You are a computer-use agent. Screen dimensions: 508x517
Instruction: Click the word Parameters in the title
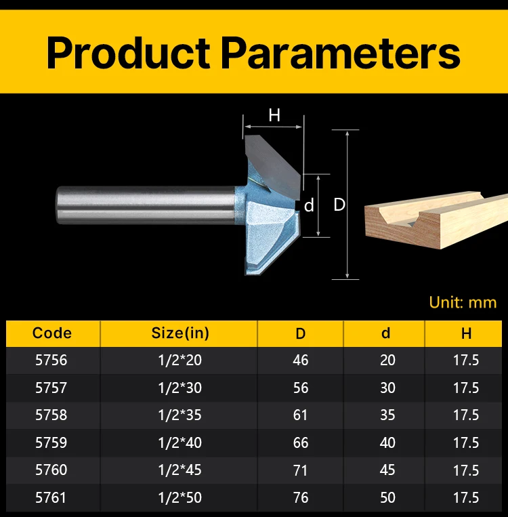[x=340, y=53]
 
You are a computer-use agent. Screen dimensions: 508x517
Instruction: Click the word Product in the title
[x=128, y=53]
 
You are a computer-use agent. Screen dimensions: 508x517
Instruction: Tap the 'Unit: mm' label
[x=463, y=302]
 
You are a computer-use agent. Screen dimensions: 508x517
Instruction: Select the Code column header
[x=52, y=333]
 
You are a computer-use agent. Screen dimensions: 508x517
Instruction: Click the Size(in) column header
[x=180, y=333]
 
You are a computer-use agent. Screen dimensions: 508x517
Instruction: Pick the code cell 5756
[x=51, y=360]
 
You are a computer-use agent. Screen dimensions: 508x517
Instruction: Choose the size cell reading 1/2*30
[x=180, y=388]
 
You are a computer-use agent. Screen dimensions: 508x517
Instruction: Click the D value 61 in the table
[x=300, y=415]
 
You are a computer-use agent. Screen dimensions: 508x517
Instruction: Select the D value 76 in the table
[x=300, y=497]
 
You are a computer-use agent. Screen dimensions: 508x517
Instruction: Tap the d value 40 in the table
[x=387, y=442]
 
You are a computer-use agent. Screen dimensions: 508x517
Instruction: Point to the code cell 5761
[x=51, y=497]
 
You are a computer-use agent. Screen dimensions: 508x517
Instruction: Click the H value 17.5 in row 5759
[x=466, y=442]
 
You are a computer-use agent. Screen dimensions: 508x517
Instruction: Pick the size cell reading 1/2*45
[x=180, y=470]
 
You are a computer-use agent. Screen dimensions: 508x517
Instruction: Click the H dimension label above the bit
[x=274, y=115]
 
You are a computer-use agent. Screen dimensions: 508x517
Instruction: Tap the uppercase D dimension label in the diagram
[x=339, y=205]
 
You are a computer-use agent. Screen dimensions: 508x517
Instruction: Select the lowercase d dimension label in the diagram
[x=309, y=206]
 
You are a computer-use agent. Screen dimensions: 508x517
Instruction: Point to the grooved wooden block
[x=436, y=220]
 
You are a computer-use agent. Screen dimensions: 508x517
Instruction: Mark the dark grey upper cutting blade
[x=273, y=164]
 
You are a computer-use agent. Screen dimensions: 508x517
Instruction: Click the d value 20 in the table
[x=387, y=360]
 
